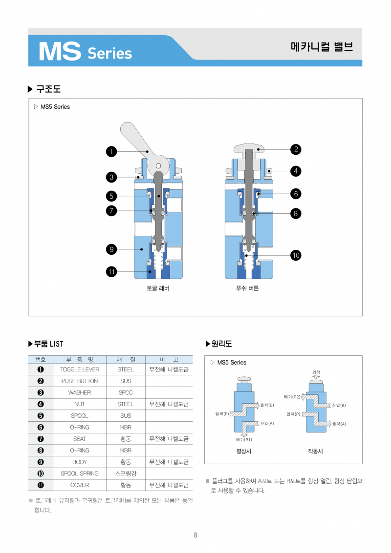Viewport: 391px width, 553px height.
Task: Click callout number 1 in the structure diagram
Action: [111, 152]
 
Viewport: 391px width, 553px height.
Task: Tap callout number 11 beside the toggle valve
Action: [111, 272]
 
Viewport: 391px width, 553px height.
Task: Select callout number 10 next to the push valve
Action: [295, 255]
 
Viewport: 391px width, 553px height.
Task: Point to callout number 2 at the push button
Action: [295, 149]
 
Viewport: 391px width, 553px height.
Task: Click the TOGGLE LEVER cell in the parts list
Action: [80, 369]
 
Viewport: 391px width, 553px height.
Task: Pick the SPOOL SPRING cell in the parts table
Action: [80, 473]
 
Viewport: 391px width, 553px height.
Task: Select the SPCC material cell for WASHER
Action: [126, 392]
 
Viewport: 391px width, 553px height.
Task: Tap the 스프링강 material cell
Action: [126, 473]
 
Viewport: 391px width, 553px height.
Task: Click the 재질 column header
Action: [126, 359]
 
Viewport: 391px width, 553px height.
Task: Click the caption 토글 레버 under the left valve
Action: [158, 288]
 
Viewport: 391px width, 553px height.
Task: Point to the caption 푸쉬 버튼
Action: [247, 288]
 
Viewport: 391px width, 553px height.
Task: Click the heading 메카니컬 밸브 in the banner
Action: [321, 47]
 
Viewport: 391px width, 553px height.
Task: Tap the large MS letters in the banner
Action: [59, 51]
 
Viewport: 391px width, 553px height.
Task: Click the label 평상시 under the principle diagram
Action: [243, 451]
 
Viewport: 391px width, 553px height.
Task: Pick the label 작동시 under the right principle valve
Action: [315, 451]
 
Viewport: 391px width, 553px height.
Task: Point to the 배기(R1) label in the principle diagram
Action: [244, 439]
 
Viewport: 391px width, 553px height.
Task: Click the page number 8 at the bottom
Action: [195, 535]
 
